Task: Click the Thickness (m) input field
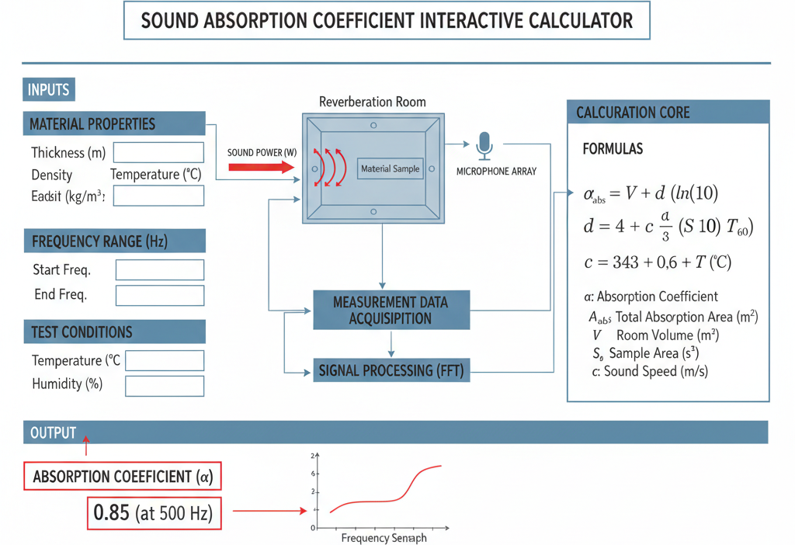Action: pyautogui.click(x=158, y=152)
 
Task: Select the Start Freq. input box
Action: pyautogui.click(x=160, y=269)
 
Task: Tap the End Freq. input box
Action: pyautogui.click(x=160, y=296)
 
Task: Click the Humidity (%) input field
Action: pyautogui.click(x=165, y=386)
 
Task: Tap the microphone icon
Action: pyautogui.click(x=484, y=146)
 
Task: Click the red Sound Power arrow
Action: pyautogui.click(x=261, y=167)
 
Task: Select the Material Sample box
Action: pyautogui.click(x=391, y=168)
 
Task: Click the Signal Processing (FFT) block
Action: pyautogui.click(x=391, y=370)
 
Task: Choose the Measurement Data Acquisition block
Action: pyautogui.click(x=391, y=311)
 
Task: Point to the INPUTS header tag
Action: pyautogui.click(x=49, y=90)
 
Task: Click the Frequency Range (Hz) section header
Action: pyautogui.click(x=115, y=241)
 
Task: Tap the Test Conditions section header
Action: pyautogui.click(x=115, y=332)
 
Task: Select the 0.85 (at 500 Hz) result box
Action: pyautogui.click(x=154, y=513)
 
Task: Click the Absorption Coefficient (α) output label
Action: pyautogui.click(x=123, y=476)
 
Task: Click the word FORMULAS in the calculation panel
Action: pyautogui.click(x=613, y=149)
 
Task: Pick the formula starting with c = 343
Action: pyautogui.click(x=658, y=262)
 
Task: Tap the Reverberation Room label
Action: pyautogui.click(x=373, y=102)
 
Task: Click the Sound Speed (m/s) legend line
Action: pyautogui.click(x=650, y=371)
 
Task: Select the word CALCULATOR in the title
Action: pyautogui.click(x=581, y=21)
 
